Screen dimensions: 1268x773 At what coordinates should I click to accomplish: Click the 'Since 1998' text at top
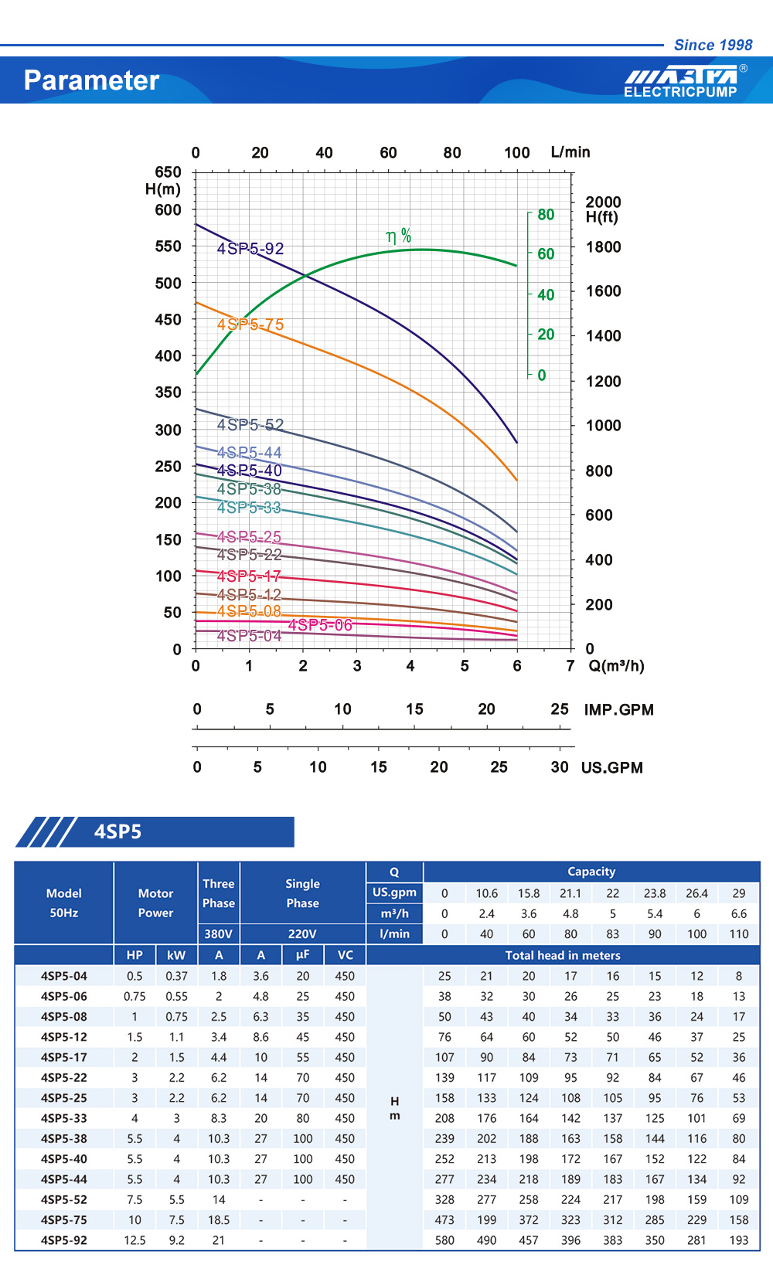point(713,45)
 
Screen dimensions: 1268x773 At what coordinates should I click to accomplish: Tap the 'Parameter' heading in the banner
point(91,80)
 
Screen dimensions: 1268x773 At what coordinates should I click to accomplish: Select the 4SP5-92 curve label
point(250,248)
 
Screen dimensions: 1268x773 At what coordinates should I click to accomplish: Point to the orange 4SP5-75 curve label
point(250,325)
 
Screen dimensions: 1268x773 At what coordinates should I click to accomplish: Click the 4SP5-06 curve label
point(320,624)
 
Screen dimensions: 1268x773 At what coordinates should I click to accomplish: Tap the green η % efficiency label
point(399,236)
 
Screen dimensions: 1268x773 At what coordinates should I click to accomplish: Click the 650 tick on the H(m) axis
point(168,172)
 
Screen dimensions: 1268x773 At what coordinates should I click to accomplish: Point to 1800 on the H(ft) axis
point(603,247)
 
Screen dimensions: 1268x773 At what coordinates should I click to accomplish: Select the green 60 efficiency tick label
point(546,253)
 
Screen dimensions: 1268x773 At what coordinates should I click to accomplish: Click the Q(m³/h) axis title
point(616,666)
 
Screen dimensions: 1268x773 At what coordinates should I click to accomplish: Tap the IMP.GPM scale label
point(618,709)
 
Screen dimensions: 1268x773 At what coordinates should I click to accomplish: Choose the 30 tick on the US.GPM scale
point(559,767)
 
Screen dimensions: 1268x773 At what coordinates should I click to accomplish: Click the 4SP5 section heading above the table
point(117,831)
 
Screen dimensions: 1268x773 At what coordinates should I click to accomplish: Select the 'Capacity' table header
point(591,872)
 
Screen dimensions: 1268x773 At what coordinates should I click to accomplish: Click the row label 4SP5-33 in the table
point(63,1118)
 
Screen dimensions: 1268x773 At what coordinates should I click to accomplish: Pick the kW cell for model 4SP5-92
point(176,1240)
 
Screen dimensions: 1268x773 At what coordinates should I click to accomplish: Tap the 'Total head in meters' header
point(563,955)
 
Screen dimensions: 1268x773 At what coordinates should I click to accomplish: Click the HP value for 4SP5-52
point(135,1199)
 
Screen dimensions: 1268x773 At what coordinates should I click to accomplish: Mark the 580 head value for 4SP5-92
point(444,1240)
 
